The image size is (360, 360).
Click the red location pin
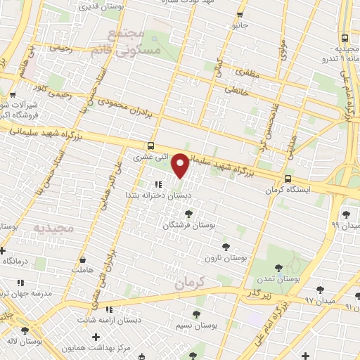click(x=181, y=165)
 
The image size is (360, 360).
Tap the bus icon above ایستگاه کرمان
click(x=288, y=179)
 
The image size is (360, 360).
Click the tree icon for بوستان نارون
click(x=225, y=246)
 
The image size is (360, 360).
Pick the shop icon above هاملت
click(x=84, y=259)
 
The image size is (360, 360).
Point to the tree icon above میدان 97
click(x=320, y=288)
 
